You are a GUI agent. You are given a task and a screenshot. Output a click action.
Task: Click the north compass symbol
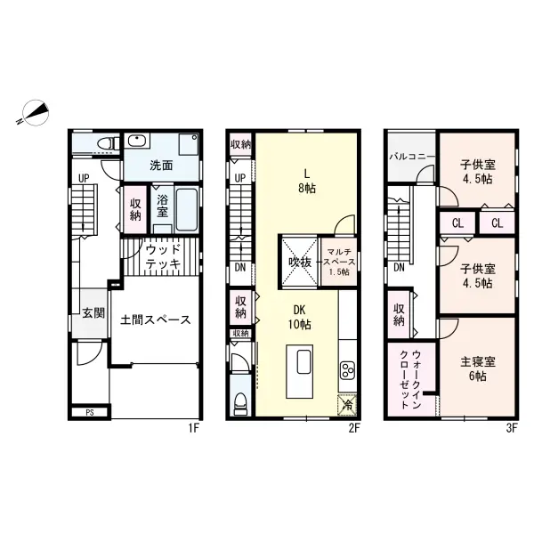pyautogui.click(x=35, y=113)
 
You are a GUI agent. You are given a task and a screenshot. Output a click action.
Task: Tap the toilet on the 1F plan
pyautogui.click(x=109, y=143)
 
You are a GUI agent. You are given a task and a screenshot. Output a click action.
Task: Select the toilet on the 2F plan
pyautogui.click(x=240, y=403)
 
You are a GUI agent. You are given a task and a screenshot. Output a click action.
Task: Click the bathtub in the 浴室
pyautogui.click(x=187, y=209)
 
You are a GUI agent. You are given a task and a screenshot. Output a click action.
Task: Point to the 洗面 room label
pyautogui.click(x=161, y=166)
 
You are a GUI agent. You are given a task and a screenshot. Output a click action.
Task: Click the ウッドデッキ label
pyautogui.click(x=163, y=257)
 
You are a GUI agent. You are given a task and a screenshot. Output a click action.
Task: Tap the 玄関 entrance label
pyautogui.click(x=93, y=313)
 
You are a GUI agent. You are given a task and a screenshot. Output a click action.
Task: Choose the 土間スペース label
pyautogui.click(x=155, y=320)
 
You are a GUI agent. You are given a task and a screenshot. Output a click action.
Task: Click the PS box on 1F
pyautogui.click(x=90, y=412)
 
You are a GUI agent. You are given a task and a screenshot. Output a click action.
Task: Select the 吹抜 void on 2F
pyautogui.click(x=300, y=262)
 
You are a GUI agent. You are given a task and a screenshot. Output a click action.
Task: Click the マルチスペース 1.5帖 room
pyautogui.click(x=339, y=262)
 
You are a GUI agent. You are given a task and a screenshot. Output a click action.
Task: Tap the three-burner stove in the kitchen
pyautogui.click(x=348, y=370)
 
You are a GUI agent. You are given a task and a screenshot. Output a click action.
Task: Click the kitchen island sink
pyautogui.click(x=303, y=362)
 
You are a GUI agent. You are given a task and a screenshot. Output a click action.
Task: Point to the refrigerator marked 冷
pyautogui.click(x=347, y=405)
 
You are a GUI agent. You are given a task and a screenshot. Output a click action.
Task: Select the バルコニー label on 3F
pyautogui.click(x=412, y=157)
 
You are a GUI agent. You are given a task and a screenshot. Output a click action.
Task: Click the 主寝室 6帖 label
pyautogui.click(x=477, y=368)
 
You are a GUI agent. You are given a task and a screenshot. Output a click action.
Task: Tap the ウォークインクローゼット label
pyautogui.click(x=410, y=380)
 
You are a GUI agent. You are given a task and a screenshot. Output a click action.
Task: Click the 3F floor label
pyautogui.click(x=512, y=428)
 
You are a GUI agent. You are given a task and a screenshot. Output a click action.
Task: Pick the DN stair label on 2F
pyautogui.click(x=240, y=268)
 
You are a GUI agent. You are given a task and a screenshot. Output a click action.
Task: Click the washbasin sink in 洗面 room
pyautogui.click(x=136, y=141)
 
